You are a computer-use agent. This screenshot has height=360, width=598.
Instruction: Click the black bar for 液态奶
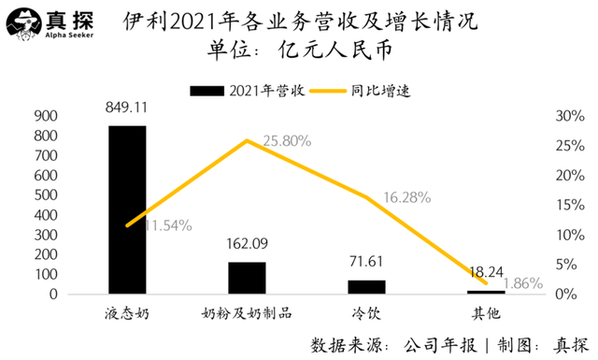pos(127,210)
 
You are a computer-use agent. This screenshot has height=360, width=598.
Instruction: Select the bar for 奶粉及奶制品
pos(247,279)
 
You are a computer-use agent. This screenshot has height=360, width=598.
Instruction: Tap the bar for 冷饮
pos(366,287)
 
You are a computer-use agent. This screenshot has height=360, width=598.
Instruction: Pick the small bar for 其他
pos(486,292)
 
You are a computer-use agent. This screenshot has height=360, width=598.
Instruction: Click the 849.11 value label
pos(127,108)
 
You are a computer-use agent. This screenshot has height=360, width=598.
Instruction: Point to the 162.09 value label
pos(247,245)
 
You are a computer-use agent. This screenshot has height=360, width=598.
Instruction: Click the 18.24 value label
pos(486,268)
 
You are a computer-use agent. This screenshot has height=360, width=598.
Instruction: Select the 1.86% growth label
pos(521,283)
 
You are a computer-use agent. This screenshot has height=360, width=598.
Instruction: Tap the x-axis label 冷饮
pos(366,310)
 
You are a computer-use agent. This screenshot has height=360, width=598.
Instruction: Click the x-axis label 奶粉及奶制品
pos(247,310)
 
